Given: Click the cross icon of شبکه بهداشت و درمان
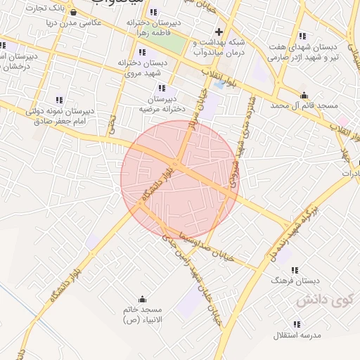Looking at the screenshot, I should (x=219, y=32).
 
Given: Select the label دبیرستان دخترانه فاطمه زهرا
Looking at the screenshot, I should (x=154, y=27).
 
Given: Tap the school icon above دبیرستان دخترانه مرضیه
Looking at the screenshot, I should (x=162, y=89).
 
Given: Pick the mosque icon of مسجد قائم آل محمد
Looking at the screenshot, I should (x=304, y=96).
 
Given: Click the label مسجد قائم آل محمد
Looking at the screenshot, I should (x=304, y=105).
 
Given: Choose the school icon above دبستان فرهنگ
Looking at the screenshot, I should (x=295, y=270).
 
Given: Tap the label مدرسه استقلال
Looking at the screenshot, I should (x=297, y=334).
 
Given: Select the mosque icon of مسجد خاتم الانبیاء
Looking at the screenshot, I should (x=143, y=299).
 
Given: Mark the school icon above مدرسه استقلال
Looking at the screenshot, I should (x=297, y=324).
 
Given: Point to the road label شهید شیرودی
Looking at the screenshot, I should (x=230, y=169).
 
